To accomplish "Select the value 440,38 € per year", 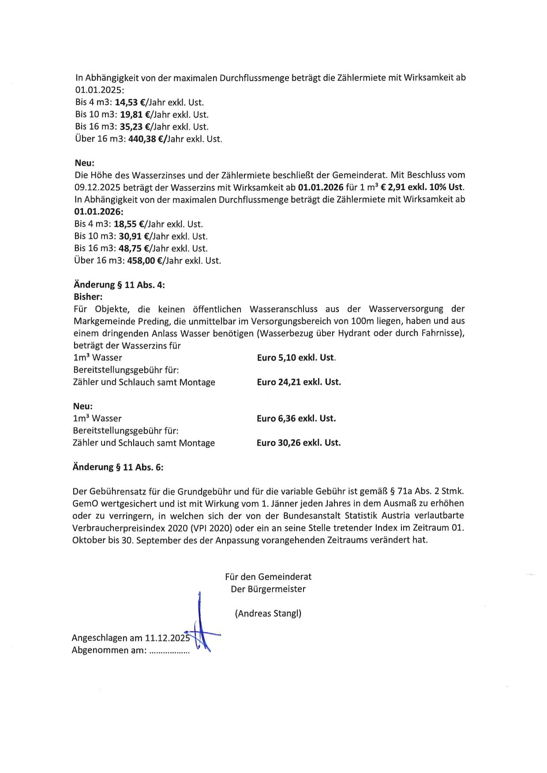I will click(x=145, y=139).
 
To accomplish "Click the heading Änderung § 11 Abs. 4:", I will click(x=119, y=285).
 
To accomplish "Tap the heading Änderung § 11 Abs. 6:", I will click(x=118, y=467).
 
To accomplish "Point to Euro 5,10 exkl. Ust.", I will click(x=296, y=358).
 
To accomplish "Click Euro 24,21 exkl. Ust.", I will click(x=299, y=382).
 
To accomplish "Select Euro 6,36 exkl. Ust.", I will click(x=296, y=418).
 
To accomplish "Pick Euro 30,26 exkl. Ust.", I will click(x=299, y=443).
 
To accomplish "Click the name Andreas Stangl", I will click(x=268, y=613).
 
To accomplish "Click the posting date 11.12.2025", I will click(x=167, y=638).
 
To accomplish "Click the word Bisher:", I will click(x=88, y=297).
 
